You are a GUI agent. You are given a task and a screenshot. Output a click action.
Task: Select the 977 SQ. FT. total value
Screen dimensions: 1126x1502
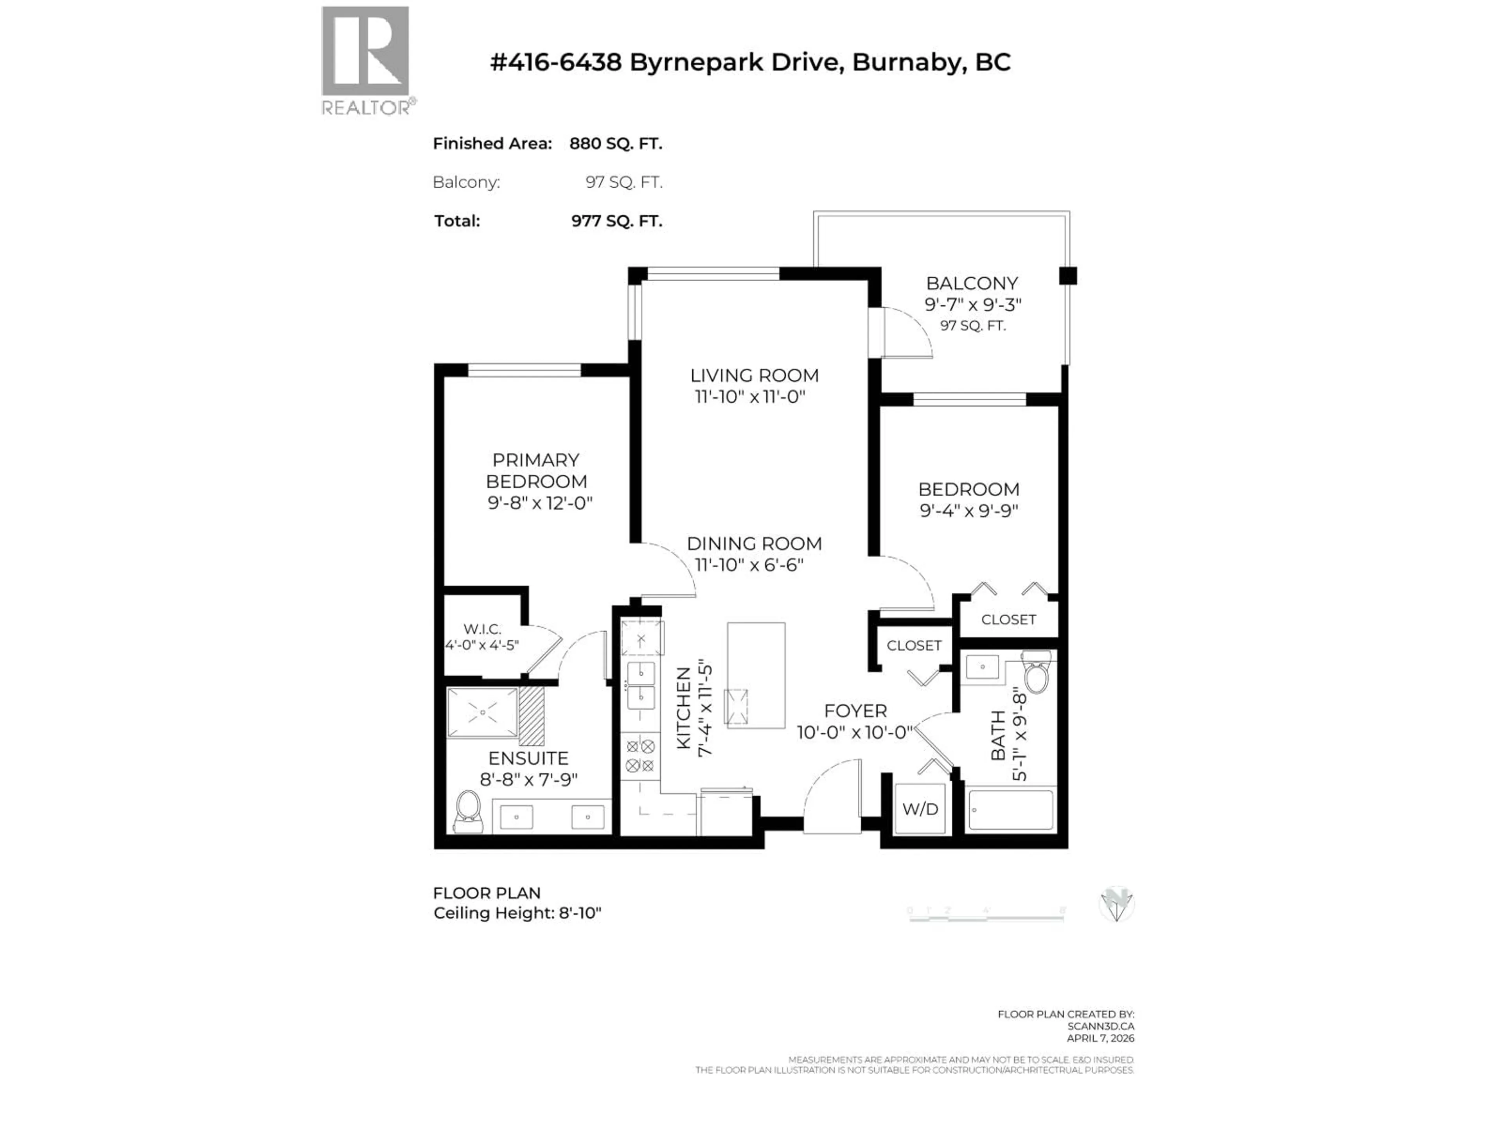pyautogui.click(x=616, y=221)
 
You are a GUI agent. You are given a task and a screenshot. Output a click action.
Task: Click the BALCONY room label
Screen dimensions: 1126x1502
pyautogui.click(x=972, y=283)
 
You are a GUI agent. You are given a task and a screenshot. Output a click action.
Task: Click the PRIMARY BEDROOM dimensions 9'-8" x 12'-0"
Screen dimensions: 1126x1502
pyautogui.click(x=540, y=503)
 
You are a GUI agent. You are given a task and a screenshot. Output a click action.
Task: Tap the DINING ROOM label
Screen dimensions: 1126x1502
pyautogui.click(x=754, y=544)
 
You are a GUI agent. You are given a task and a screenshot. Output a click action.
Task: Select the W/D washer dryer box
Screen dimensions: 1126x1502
pyautogui.click(x=920, y=809)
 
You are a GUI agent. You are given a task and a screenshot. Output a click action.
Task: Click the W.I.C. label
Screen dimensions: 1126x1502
pyautogui.click(x=482, y=629)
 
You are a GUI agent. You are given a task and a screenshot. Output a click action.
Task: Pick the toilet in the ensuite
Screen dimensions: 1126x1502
pyautogui.click(x=468, y=811)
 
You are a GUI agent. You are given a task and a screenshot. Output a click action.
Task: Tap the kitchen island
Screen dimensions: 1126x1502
pyautogui.click(x=756, y=675)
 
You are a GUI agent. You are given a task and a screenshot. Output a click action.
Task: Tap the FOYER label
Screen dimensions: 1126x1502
pyautogui.click(x=855, y=711)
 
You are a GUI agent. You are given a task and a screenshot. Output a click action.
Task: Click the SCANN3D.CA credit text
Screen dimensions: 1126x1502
pyautogui.click(x=1100, y=1026)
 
